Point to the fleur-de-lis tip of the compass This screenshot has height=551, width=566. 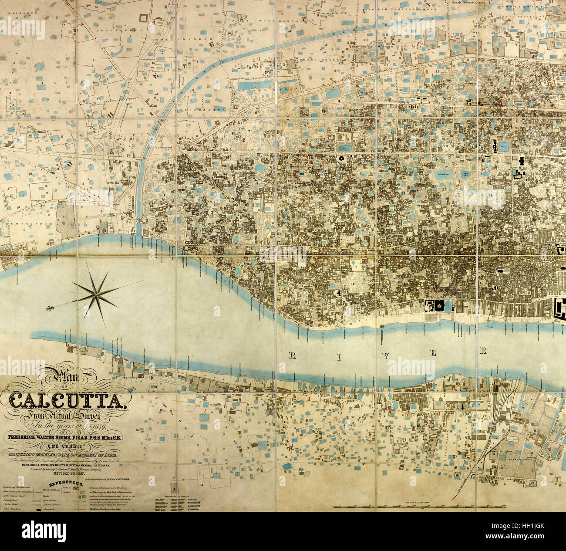coord(49,308)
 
